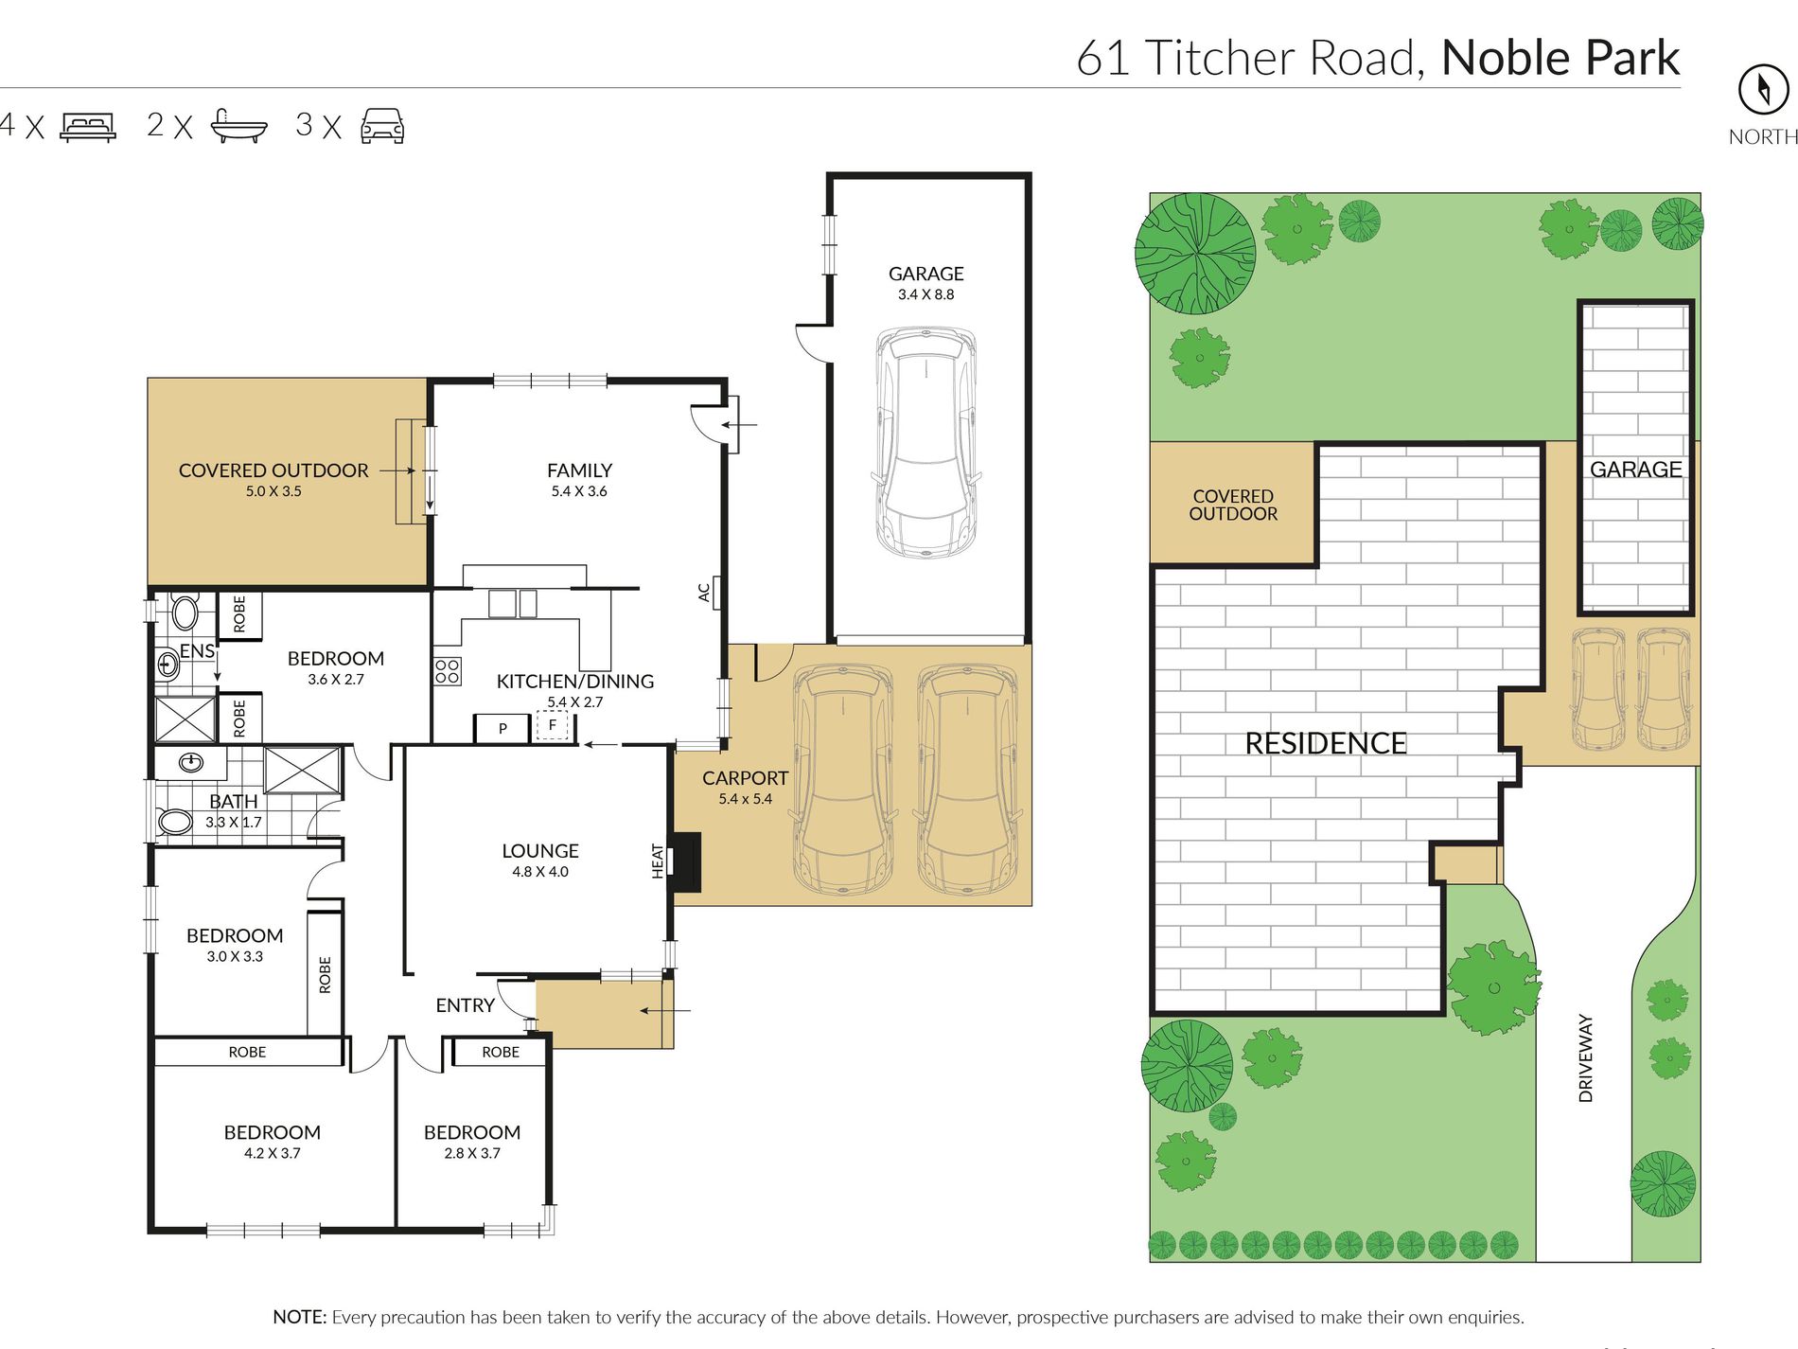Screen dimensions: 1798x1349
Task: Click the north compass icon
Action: (x=1763, y=90)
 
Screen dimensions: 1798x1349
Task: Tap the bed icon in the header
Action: (x=88, y=127)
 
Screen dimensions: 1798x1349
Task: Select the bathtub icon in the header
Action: (x=238, y=126)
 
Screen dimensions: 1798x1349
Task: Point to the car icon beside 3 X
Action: (x=382, y=126)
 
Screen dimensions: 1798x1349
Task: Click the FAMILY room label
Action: (x=579, y=470)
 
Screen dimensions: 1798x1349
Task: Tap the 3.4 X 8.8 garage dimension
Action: (x=925, y=294)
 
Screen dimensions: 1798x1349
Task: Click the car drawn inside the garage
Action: (x=925, y=442)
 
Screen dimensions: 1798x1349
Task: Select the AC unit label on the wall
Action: (x=704, y=593)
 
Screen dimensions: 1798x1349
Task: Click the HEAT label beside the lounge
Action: (x=658, y=861)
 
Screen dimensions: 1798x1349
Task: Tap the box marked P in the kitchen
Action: (x=502, y=728)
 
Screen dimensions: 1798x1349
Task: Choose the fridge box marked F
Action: (x=552, y=726)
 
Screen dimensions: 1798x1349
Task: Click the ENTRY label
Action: (x=465, y=1005)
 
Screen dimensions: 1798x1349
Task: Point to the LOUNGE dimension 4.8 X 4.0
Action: (x=540, y=872)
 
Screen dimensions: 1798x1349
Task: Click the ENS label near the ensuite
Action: (x=197, y=650)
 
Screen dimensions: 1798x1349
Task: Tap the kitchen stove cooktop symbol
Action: (x=448, y=671)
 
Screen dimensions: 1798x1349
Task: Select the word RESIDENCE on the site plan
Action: (x=1325, y=744)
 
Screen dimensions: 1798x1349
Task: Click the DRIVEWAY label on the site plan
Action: (x=1586, y=1058)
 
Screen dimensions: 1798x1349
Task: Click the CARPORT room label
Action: (x=745, y=778)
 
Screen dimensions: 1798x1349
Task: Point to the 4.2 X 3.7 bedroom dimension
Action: (x=272, y=1153)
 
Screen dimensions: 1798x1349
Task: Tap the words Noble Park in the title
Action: (x=1560, y=58)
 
